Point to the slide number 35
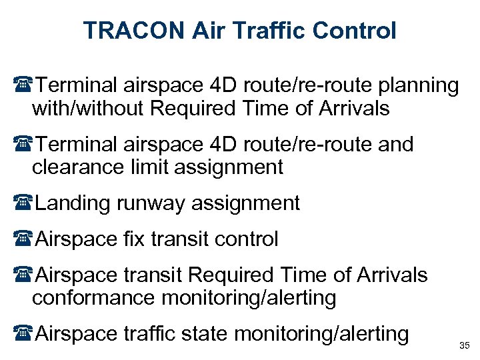(x=464, y=345)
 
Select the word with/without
(x=89, y=108)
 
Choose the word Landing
(x=74, y=203)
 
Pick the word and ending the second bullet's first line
(x=394, y=144)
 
